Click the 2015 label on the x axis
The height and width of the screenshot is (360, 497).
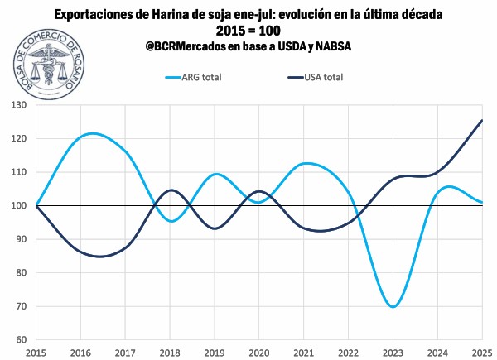36,353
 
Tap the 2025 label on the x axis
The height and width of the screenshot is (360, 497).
482,353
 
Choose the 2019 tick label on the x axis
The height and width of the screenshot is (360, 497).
215,353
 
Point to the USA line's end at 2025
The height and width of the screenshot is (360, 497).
482,120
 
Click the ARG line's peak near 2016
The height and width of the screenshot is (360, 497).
92,133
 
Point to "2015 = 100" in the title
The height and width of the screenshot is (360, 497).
248,31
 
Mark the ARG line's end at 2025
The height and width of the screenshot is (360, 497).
482,202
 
